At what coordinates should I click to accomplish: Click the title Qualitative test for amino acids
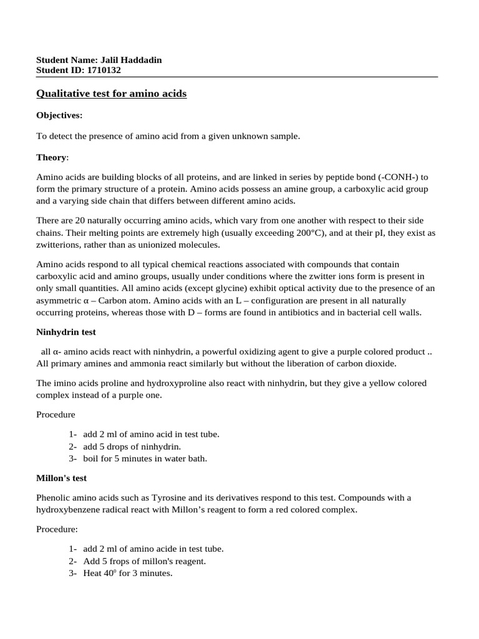coord(111,94)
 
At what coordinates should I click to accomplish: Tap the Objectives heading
coord(59,115)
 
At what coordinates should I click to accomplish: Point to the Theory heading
coord(51,157)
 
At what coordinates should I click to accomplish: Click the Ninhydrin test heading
coord(66,332)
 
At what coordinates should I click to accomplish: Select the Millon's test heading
coord(62,478)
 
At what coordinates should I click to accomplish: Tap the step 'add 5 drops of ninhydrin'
coord(132,446)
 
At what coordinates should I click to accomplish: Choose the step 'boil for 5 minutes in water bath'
coord(145,459)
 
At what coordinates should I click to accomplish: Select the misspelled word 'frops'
coord(120,561)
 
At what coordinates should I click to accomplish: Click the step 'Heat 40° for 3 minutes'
coord(128,573)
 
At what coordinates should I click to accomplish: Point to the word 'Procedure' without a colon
coord(56,414)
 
